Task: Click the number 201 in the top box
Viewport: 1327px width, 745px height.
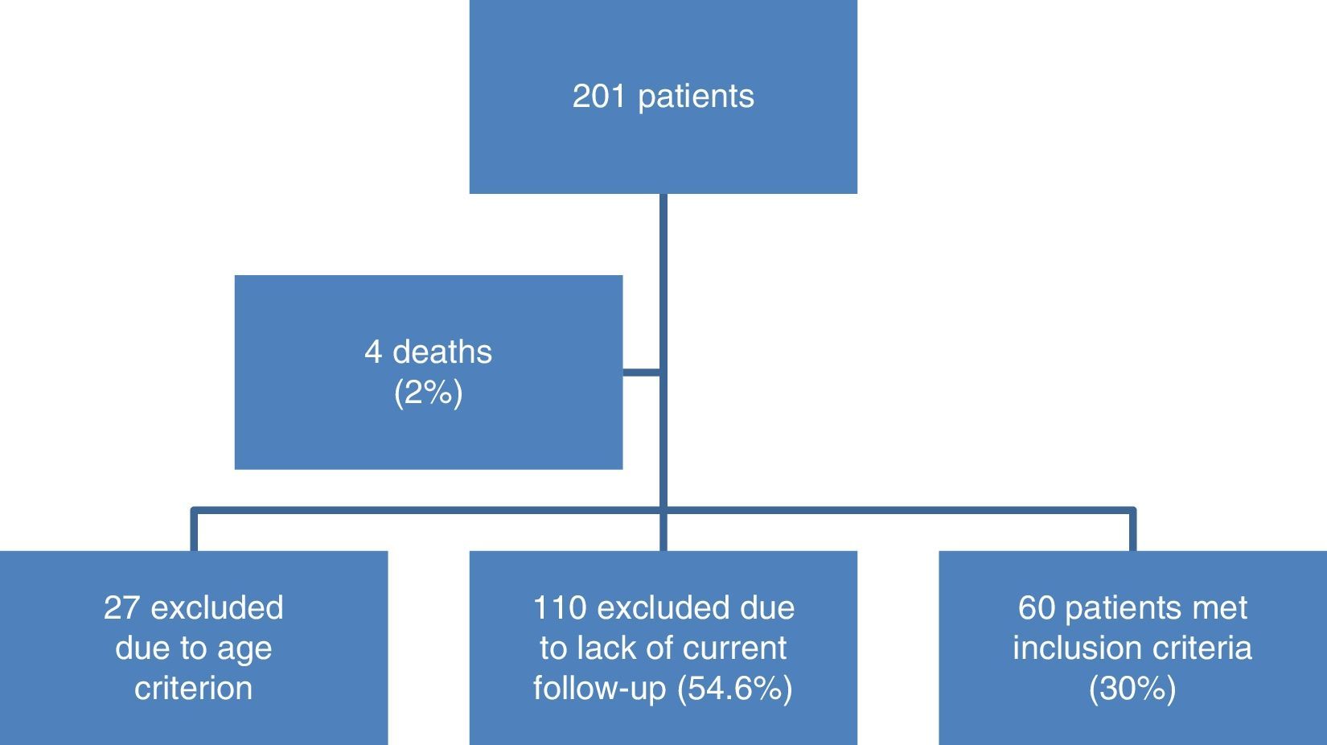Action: coord(600,97)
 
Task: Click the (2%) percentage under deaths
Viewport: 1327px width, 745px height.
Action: coord(429,393)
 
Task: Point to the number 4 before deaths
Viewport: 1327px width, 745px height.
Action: coord(373,352)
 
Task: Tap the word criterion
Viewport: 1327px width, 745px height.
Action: coord(193,689)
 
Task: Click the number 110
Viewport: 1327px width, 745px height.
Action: coord(560,608)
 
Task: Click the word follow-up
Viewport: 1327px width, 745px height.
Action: coord(600,689)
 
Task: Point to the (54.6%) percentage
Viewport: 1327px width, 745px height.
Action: coord(735,689)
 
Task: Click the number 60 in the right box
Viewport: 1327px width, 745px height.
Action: coord(1037,608)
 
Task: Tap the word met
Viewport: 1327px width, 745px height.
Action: coord(1219,608)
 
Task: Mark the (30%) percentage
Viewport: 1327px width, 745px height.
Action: coord(1132,689)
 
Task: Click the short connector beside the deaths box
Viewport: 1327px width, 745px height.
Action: coord(642,372)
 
